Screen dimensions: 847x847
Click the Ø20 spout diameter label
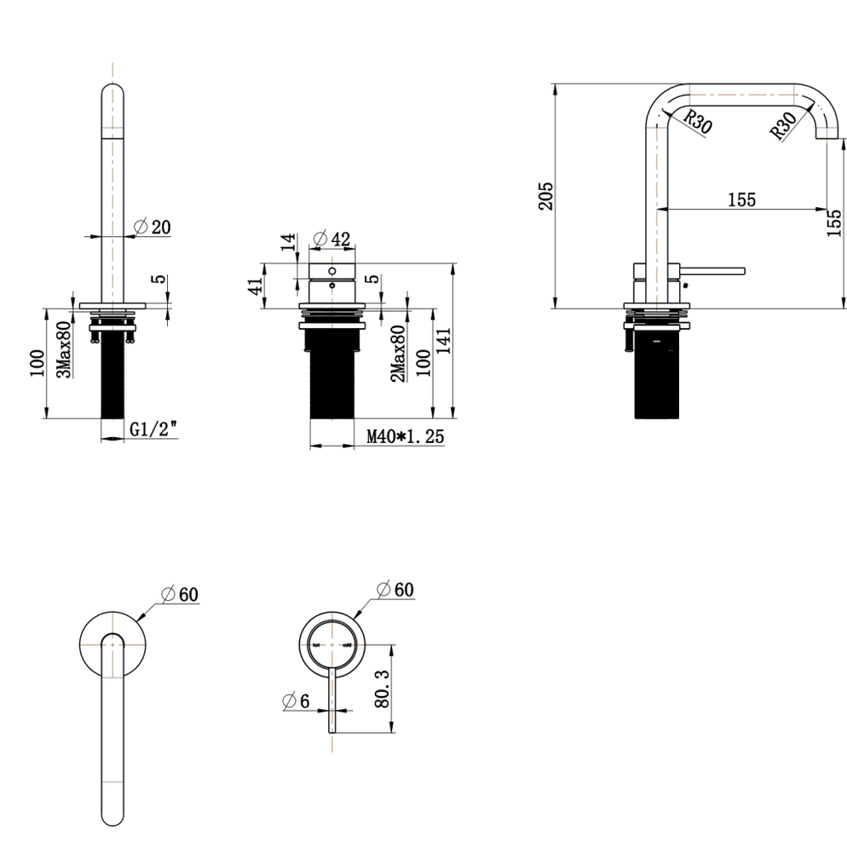point(153,227)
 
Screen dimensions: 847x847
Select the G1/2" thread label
point(154,430)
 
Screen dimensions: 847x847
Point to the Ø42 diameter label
point(331,239)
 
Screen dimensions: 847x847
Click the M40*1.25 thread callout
point(406,437)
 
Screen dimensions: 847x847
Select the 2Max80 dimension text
point(397,353)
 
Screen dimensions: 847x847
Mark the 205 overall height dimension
point(547,195)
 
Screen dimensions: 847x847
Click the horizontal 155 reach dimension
point(741,199)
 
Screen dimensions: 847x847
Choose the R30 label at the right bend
point(781,125)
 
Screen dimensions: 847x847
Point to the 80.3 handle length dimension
point(383,688)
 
